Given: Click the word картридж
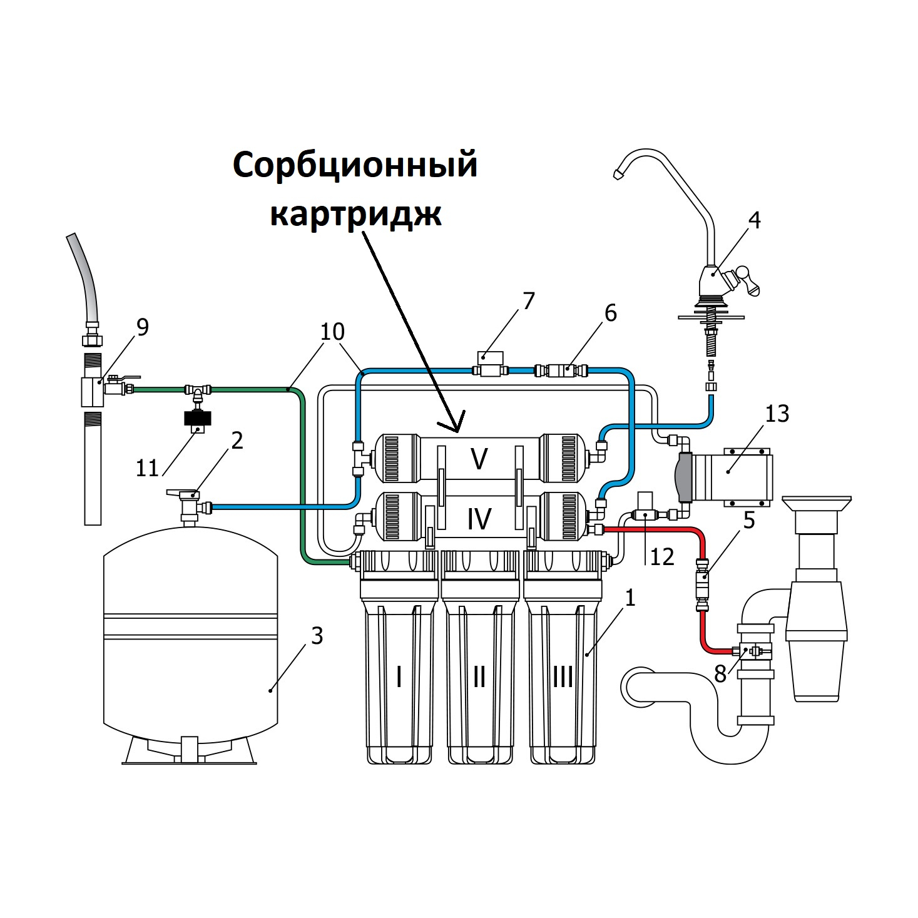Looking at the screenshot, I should click(355, 213).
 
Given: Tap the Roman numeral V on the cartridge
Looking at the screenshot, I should click(479, 459).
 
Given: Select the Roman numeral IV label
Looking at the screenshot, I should click(479, 519).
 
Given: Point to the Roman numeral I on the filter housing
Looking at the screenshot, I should click(399, 676).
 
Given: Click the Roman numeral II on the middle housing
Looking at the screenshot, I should click(479, 676).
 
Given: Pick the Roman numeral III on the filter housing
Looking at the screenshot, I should click(563, 676).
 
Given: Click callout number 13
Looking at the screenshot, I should click(777, 414).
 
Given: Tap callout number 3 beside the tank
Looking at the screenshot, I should click(317, 636).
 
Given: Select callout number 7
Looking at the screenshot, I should click(529, 301).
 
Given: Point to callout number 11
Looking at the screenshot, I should click(148, 468).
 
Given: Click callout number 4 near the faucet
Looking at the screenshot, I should click(755, 220).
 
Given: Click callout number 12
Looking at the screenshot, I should click(661, 556).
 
